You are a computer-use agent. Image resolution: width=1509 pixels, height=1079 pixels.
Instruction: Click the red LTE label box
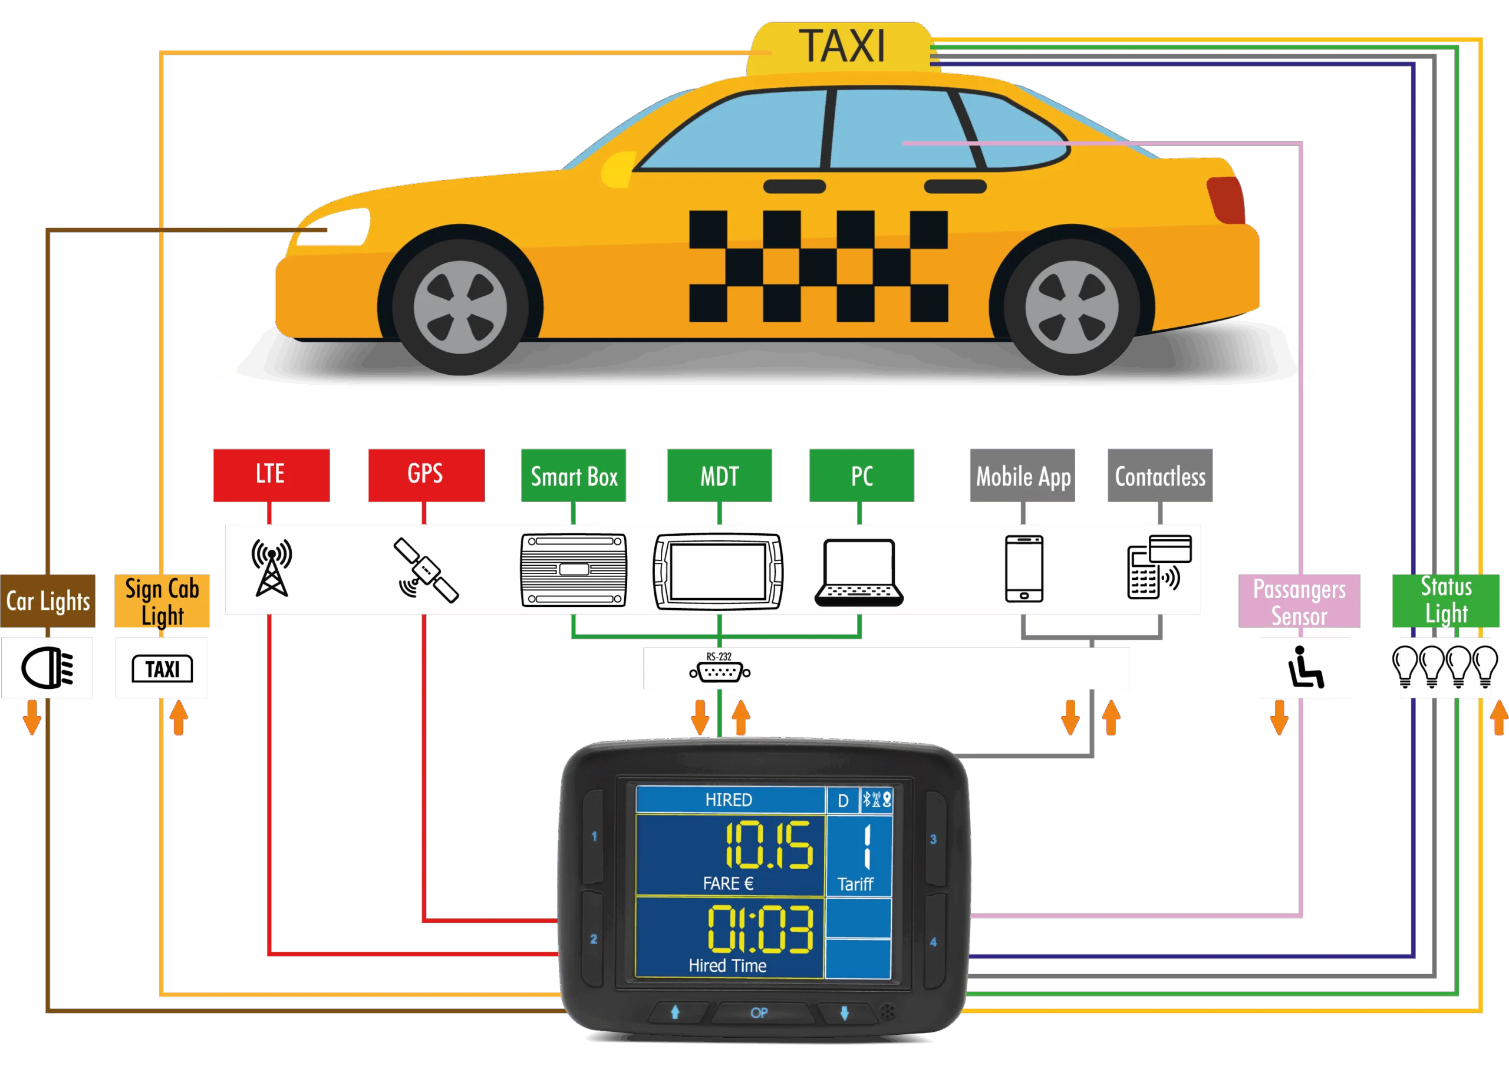271,474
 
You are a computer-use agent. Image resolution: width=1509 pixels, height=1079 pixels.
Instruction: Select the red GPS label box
426,474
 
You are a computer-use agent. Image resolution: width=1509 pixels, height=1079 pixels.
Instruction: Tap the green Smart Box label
573,476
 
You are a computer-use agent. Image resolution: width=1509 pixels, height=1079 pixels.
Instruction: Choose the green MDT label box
719,476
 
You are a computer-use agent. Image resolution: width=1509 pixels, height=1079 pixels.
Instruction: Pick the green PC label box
861,476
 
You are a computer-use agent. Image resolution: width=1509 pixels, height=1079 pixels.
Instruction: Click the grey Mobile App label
1023,476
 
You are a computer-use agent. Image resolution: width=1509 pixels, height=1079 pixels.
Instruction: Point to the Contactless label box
1159,476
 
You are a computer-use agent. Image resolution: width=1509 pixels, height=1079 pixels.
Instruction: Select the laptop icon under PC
858,572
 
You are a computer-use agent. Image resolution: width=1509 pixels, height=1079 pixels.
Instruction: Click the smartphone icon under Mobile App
1023,569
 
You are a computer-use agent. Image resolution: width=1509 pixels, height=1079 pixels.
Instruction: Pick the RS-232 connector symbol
720,672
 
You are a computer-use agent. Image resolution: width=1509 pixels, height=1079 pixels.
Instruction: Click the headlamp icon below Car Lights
47,668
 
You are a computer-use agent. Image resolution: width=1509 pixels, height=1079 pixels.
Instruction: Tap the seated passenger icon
1305,667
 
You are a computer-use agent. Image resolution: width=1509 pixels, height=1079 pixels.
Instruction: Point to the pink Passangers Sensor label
1299,601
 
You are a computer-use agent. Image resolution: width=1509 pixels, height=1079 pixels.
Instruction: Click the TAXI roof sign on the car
841,47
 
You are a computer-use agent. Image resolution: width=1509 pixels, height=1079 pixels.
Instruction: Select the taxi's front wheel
460,307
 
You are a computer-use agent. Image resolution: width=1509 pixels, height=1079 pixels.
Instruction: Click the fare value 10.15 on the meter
767,845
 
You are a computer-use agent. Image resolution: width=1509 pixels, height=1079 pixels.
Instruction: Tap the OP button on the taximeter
759,1012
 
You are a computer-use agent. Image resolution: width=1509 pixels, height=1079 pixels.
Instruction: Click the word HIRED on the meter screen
728,799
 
